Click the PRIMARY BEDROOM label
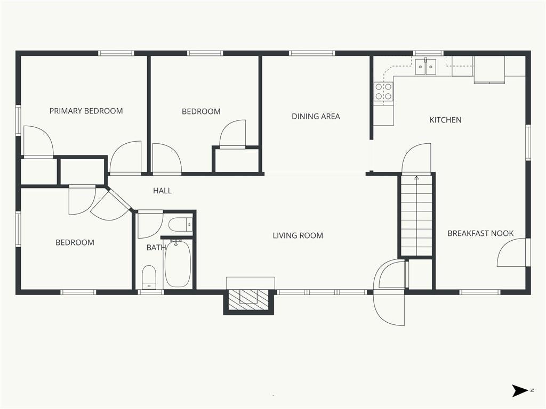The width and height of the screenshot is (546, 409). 86,111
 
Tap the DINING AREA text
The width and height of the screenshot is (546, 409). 316,117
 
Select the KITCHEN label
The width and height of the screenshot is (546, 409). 445,120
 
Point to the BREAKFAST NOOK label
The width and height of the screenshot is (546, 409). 480,233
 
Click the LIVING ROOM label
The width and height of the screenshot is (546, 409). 298,235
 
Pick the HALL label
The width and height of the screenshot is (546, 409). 162,191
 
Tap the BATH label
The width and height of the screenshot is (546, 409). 156,248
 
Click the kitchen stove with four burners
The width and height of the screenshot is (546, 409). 383,92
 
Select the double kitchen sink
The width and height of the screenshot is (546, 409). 425,67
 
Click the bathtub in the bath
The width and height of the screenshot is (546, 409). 178,263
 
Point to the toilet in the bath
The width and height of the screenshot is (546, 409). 149,277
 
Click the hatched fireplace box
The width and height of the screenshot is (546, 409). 248,299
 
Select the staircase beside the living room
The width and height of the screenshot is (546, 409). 416,216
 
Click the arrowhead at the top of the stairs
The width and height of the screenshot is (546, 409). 416,178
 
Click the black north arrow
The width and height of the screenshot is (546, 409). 519,390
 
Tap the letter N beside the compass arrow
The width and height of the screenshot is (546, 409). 532,390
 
